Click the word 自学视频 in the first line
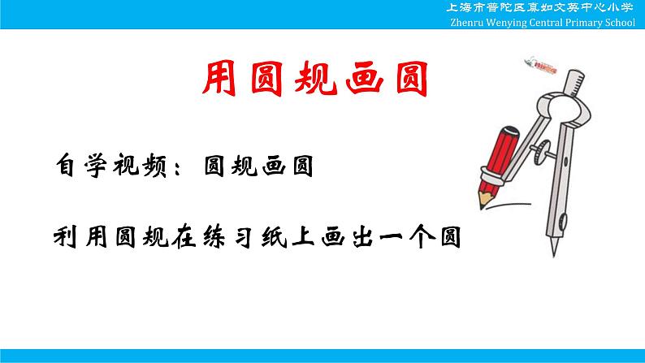pyautogui.click(x=111, y=166)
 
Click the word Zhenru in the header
pyautogui.click(x=468, y=23)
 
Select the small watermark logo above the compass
pyautogui.click(x=539, y=62)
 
